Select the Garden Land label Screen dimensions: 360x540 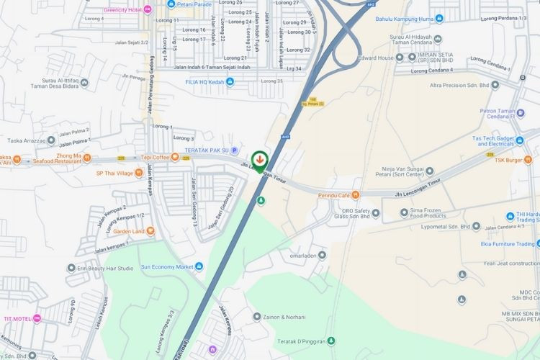[x=129, y=231]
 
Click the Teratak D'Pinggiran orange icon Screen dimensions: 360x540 [x=331, y=341]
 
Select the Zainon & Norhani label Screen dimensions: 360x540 [x=284, y=317]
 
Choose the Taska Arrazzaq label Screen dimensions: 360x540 [x=32, y=141]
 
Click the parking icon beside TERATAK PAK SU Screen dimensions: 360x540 [x=233, y=150]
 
